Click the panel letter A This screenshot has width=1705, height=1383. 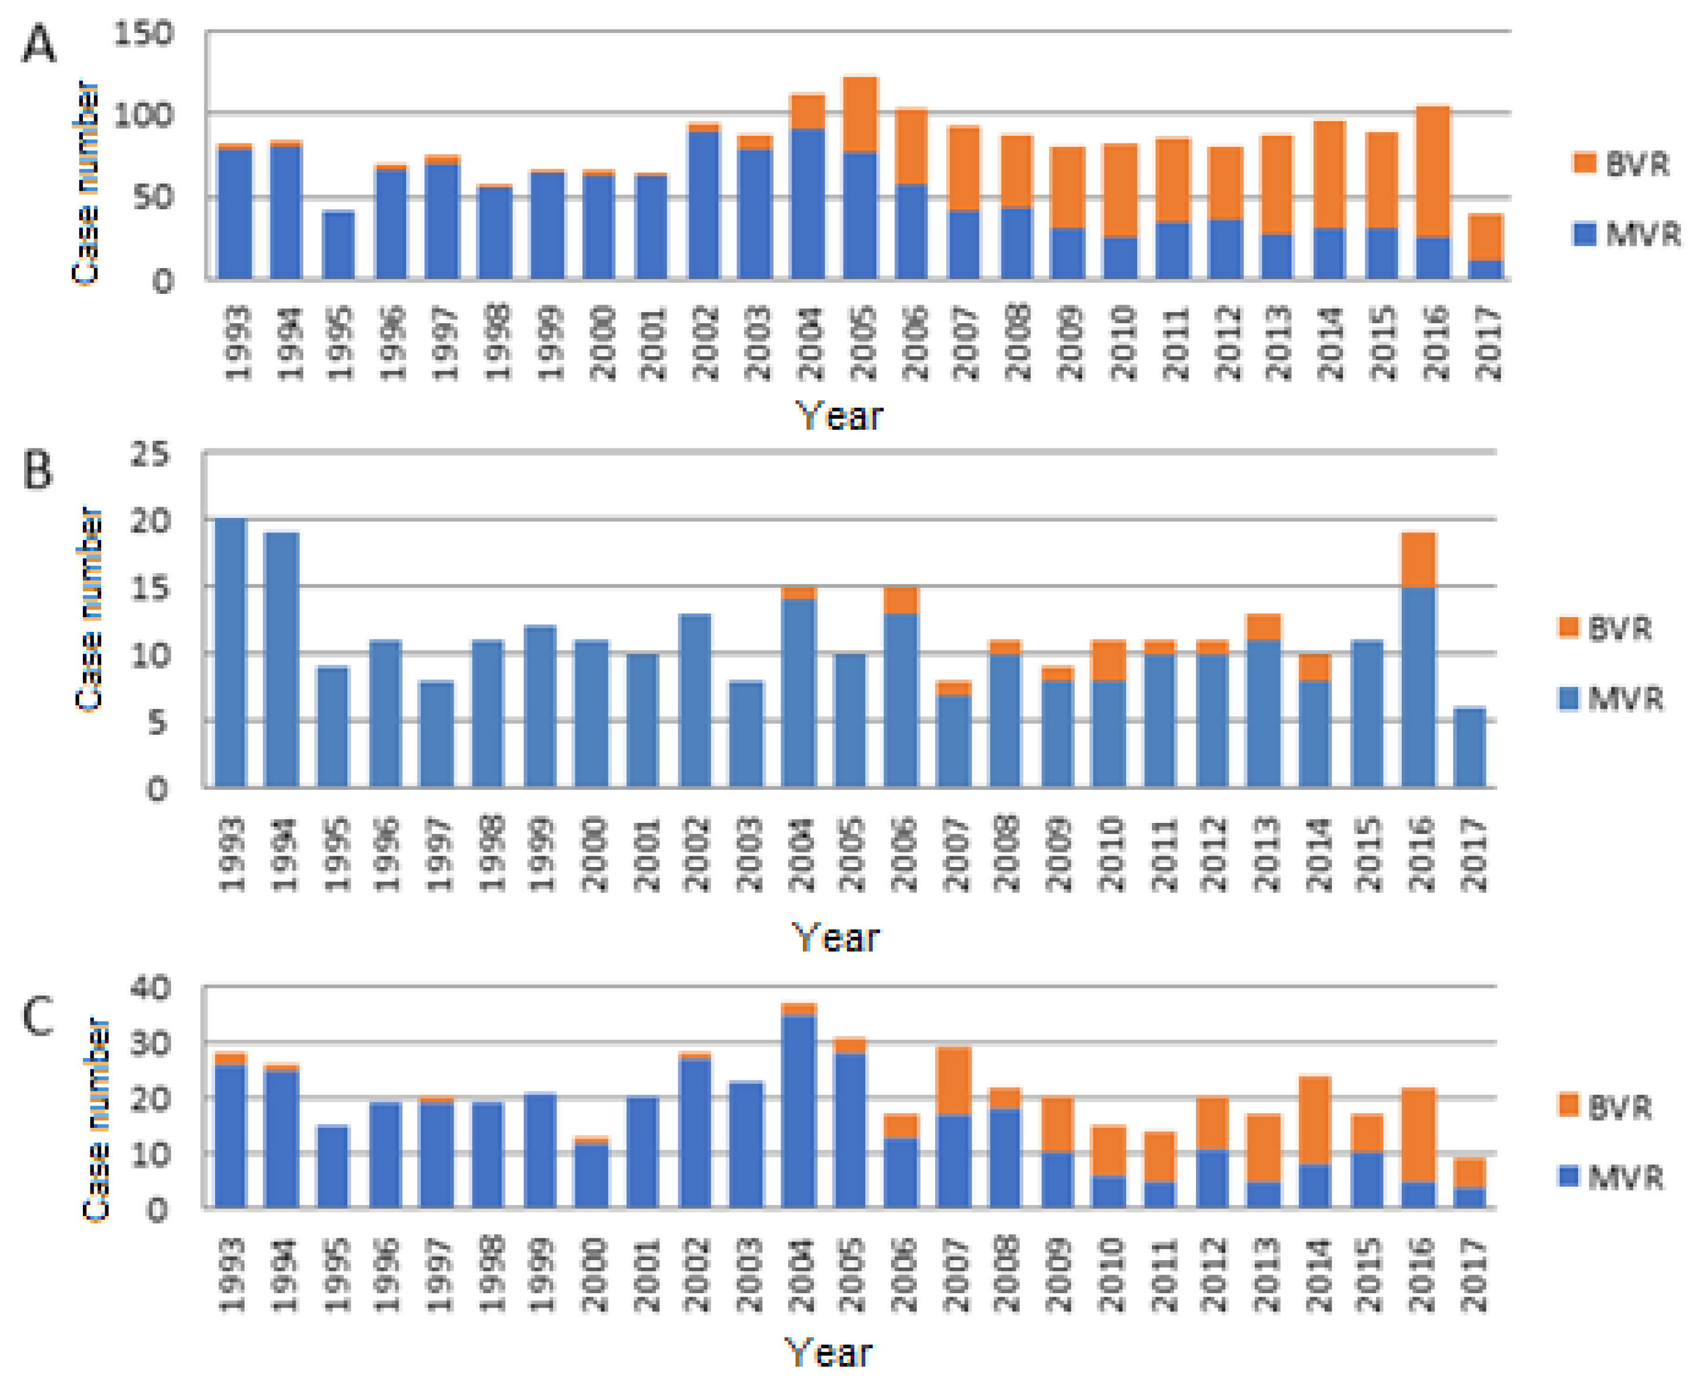38,44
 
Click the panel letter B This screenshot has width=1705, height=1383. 36,471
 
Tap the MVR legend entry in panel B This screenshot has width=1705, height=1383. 1609,699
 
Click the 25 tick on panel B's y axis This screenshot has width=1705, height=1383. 150,455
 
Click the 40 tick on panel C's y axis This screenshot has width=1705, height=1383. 150,989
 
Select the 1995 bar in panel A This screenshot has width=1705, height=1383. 339,245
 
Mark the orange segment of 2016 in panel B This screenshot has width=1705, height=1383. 1419,560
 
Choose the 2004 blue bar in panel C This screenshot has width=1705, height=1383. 799,1111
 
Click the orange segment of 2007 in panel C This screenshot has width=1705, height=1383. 954,1081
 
